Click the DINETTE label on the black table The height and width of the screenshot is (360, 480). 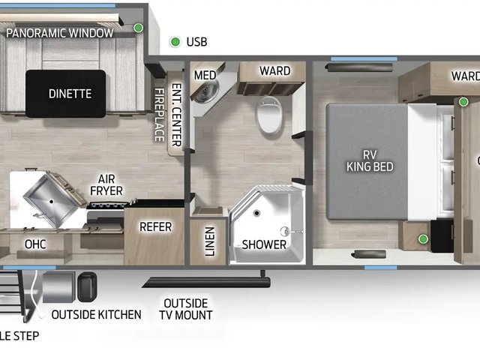point(70,94)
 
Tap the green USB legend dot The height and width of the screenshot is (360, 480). point(175,42)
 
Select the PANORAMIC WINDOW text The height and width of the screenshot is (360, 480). point(60,33)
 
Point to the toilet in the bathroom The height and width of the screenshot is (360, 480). point(269,115)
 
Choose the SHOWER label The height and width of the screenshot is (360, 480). point(264,244)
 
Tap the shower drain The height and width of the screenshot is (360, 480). point(256,213)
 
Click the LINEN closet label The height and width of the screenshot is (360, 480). point(209,241)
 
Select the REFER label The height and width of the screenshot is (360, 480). point(155,226)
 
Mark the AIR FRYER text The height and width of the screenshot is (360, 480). point(106,185)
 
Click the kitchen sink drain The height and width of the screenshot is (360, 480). point(52,202)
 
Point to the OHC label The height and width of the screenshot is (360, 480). point(35,244)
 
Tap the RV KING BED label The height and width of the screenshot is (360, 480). point(370,160)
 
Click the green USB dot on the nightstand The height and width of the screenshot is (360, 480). point(423,238)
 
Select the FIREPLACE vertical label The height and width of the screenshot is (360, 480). point(159,115)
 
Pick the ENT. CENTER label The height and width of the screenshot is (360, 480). point(177,115)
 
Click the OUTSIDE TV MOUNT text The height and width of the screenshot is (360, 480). point(186,309)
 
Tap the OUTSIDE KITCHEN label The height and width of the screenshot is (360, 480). point(97,315)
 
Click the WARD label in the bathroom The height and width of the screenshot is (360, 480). point(275,70)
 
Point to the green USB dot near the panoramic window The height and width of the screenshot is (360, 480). point(138,28)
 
